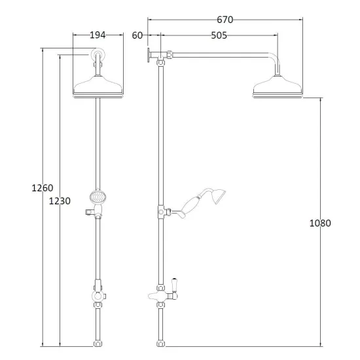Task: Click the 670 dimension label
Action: coord(225,20)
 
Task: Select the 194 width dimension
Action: coord(98,35)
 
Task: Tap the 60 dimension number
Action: coord(137,35)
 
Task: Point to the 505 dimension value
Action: coord(219,35)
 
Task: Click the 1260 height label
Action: coord(43,188)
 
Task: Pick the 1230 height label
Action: coord(60,201)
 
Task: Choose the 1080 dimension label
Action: coord(320,223)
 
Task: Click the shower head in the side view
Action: coord(278,87)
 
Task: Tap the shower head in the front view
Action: coord(98,87)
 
